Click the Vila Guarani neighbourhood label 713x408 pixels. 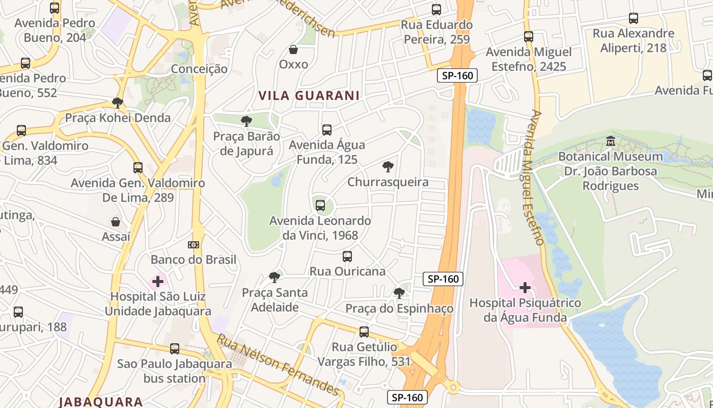coord(309,95)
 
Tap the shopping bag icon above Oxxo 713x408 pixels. coord(293,49)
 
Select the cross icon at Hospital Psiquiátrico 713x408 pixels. coord(525,288)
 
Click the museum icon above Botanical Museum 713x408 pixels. coord(611,141)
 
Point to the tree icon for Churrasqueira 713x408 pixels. coord(388,166)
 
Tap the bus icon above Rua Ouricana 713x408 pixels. coord(347,256)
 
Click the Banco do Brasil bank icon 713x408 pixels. coord(194,245)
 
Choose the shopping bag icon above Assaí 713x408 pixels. coord(116,222)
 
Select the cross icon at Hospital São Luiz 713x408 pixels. coord(158,281)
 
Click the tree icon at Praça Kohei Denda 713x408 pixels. coord(118,103)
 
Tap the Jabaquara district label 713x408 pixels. coord(101,401)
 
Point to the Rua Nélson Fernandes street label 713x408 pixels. coord(278,365)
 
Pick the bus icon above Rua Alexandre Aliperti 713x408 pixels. coord(634,18)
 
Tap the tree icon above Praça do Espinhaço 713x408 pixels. coord(399,293)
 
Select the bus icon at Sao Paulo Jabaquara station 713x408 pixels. coord(175,349)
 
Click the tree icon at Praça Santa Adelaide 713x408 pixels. coord(275,277)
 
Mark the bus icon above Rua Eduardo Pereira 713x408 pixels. coord(436,9)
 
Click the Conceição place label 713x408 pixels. coord(199,69)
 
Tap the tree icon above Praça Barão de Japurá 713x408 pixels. coord(246,121)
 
